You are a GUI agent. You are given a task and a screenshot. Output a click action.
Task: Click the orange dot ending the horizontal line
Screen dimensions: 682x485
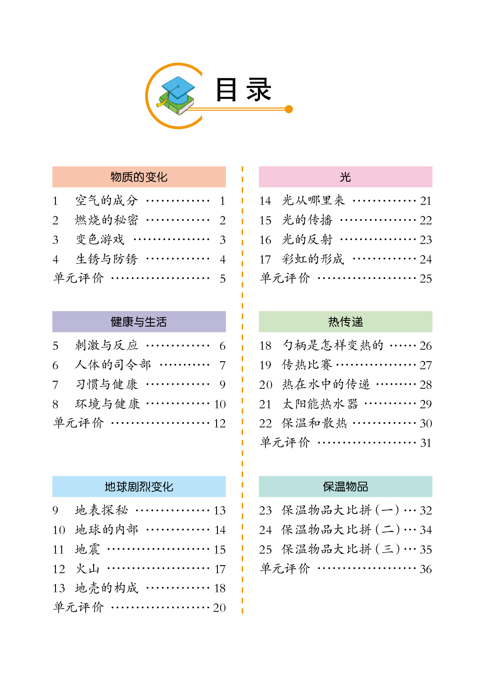pos(289,109)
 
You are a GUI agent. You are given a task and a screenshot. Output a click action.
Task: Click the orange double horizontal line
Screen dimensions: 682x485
pos(240,109)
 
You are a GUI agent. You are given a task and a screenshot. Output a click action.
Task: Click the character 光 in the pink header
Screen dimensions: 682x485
pos(345,177)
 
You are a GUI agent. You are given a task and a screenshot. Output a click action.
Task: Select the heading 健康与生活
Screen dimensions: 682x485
pos(139,322)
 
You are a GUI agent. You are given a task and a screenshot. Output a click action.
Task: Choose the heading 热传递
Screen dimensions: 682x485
pos(345,322)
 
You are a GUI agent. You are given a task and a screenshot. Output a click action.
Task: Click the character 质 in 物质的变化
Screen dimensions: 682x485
pos(127,177)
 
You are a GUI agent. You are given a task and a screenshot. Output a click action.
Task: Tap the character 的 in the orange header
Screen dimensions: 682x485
pos(139,177)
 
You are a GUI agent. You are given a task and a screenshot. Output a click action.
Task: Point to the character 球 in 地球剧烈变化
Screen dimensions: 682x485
pos(122,487)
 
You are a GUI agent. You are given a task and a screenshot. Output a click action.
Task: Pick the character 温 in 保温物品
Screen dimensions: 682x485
pos(340,487)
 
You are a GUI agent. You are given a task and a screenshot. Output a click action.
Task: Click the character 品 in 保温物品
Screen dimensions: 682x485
pos(363,487)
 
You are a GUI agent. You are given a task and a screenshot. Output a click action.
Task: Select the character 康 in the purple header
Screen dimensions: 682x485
pos(127,322)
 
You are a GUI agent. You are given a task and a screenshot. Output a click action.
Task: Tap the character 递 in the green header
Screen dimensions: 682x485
pos(357,322)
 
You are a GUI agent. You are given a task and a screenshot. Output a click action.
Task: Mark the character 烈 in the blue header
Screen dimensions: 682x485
pos(145,487)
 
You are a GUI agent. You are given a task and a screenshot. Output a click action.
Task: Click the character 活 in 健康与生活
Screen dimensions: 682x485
pos(162,322)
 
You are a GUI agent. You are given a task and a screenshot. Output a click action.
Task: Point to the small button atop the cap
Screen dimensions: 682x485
pos(178,86)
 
